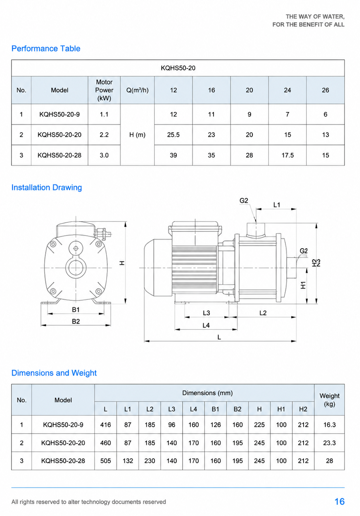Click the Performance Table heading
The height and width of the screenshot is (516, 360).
click(46, 48)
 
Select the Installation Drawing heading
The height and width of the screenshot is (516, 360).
click(46, 188)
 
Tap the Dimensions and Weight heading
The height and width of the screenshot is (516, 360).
click(54, 373)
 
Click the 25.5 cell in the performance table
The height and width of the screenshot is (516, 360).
click(173, 135)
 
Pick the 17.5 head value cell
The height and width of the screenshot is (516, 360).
click(287, 155)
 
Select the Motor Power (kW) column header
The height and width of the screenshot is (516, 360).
click(104, 90)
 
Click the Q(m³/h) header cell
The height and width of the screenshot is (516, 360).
click(138, 90)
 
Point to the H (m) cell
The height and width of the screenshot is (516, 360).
click(138, 135)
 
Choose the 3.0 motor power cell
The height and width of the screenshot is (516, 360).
click(104, 155)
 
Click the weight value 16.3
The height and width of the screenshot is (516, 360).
click(329, 425)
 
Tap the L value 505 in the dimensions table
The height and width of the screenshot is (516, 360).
click(106, 461)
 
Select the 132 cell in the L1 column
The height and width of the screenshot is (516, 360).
click(128, 461)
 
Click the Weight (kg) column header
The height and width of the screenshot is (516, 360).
click(329, 400)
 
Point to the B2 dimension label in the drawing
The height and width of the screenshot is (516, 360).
click(76, 321)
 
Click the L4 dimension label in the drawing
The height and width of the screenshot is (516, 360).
click(206, 325)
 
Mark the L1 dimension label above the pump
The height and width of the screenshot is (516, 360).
click(277, 205)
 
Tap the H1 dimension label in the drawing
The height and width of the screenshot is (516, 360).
click(303, 285)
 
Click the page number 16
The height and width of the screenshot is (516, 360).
click(339, 502)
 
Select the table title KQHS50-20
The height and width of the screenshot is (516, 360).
click(178, 68)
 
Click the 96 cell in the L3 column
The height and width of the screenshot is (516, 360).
click(172, 425)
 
